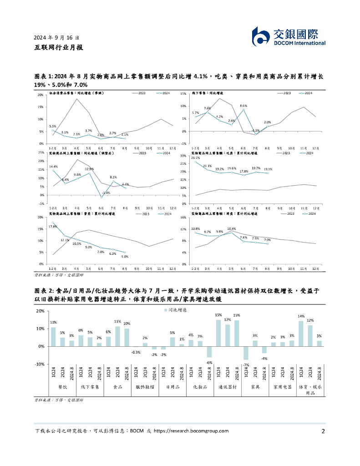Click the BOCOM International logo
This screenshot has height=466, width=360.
(x=289, y=36)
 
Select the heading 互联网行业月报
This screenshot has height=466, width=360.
(x=58, y=47)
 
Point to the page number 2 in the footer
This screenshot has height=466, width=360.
(x=323, y=431)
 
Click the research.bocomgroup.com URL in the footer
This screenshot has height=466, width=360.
(x=191, y=431)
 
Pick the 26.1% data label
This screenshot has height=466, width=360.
(x=196, y=158)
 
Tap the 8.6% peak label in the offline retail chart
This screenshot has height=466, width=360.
(x=243, y=106)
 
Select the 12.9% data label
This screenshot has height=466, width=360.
(x=89, y=169)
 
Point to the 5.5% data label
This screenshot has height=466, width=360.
(x=53, y=127)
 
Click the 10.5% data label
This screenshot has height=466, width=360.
(x=76, y=243)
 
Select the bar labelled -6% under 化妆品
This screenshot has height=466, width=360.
(x=209, y=352)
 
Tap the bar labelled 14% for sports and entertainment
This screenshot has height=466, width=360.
(x=301, y=334)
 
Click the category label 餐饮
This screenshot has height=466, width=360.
(x=62, y=387)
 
